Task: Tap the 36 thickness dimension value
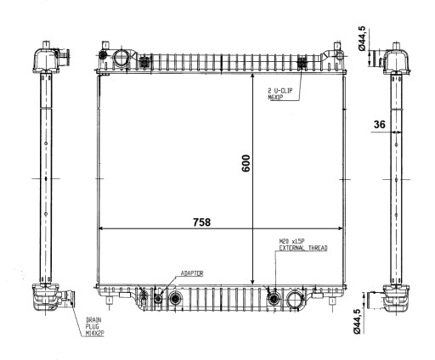379,125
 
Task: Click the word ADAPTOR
191,274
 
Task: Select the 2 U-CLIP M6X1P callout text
280,93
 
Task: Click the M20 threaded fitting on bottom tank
274,298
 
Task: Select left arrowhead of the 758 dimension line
102,229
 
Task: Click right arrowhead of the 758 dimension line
342,229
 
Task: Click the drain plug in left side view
65,299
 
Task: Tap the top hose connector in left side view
65,58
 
